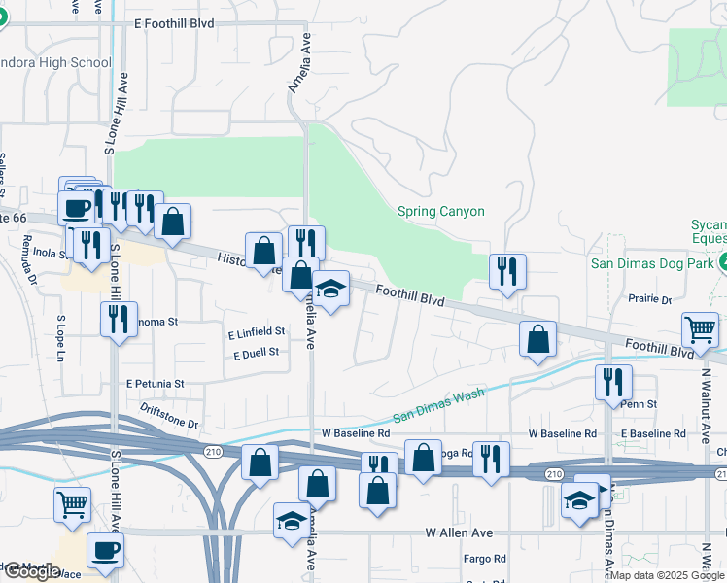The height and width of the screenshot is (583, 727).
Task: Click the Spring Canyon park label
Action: pyautogui.click(x=440, y=212)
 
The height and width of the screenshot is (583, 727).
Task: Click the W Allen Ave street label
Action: pyautogui.click(x=459, y=533)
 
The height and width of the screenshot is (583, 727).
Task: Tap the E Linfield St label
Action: pyautogui.click(x=257, y=332)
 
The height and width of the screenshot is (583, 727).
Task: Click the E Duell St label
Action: pyautogui.click(x=257, y=353)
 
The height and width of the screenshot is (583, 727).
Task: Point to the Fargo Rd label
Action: pyautogui.click(x=486, y=559)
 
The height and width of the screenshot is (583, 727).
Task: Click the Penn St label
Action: pyautogui.click(x=640, y=403)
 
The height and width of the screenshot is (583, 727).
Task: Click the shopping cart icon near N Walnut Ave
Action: pyautogui.click(x=700, y=329)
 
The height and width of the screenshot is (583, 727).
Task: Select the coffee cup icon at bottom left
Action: pyautogui.click(x=105, y=549)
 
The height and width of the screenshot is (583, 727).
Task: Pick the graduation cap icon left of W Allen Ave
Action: pyautogui.click(x=291, y=521)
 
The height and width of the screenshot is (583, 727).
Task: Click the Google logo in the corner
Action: pyautogui.click(x=31, y=571)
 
